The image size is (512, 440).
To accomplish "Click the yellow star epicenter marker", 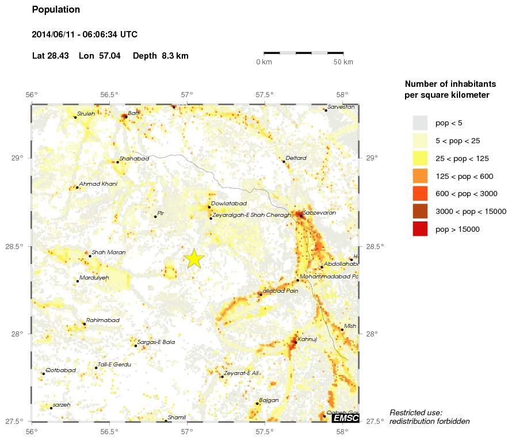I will (x=194, y=259).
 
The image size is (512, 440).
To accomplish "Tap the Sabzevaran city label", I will (x=319, y=213).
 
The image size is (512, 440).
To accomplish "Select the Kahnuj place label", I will (x=308, y=340).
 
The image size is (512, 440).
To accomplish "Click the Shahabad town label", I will (x=134, y=158).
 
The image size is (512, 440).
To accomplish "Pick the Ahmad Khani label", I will (x=98, y=184).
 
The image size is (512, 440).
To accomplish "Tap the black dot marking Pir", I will (x=155, y=216).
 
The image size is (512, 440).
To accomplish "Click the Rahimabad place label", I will (x=103, y=320).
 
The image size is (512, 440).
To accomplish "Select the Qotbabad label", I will (x=60, y=370).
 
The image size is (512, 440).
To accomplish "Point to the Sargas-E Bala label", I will (x=156, y=342).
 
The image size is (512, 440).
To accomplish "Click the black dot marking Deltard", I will (x=284, y=162).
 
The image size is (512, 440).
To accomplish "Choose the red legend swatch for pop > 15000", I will (x=421, y=229).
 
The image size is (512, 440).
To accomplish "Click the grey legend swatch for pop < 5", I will (x=421, y=123).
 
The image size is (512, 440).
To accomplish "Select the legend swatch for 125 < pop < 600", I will (x=421, y=175).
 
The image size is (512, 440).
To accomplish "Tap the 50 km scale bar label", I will (x=343, y=62).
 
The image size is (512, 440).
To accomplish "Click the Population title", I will (x=56, y=10).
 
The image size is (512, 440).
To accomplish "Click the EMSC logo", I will (x=346, y=418).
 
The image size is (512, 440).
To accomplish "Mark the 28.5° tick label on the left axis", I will (x=20, y=247).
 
